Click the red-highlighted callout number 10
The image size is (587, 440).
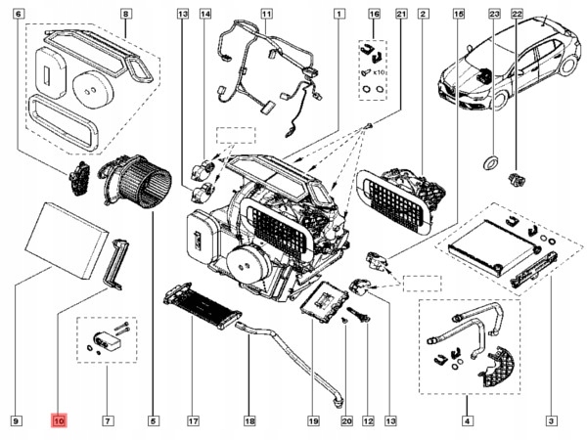click(x=60, y=421)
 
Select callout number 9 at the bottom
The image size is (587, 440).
click(x=17, y=421)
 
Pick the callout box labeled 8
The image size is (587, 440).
click(x=125, y=15)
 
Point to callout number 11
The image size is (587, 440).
click(x=266, y=15)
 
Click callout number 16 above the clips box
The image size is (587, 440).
click(x=373, y=15)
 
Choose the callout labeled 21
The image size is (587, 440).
click(x=399, y=15)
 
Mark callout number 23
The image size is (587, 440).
click(x=494, y=15)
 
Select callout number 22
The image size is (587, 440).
click(x=518, y=15)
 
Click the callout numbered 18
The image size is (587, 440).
click(x=249, y=421)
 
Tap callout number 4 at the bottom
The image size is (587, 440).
click(x=466, y=421)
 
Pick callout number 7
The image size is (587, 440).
click(x=107, y=421)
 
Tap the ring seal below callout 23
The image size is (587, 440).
click(x=492, y=161)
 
